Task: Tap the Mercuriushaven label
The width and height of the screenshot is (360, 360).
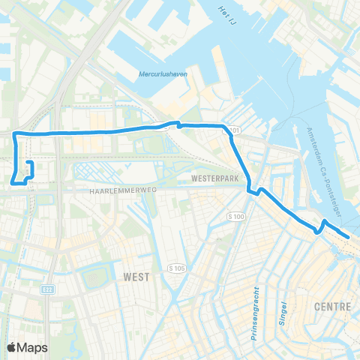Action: coord(162,74)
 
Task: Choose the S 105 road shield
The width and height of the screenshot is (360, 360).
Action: coord(178,268)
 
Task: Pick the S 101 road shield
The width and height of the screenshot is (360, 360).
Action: coord(234,131)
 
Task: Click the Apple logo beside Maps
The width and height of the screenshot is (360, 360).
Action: coord(13,346)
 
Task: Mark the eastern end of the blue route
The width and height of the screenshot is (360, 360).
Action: coord(348,238)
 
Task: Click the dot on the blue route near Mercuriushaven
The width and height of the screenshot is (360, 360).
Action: coord(180,126)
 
